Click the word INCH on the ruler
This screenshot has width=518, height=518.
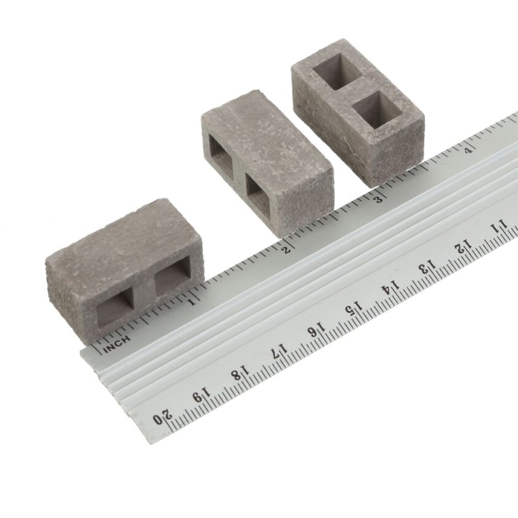pyautogui.click(x=116, y=345)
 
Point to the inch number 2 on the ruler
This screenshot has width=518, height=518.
pyautogui.click(x=288, y=249)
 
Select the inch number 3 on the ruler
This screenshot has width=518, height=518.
pyautogui.click(x=379, y=199)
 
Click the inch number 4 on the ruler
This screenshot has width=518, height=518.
pyautogui.click(x=468, y=150)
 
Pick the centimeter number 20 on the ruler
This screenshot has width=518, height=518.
pyautogui.click(x=163, y=417)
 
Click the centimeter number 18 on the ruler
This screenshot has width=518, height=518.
pyautogui.click(x=240, y=373)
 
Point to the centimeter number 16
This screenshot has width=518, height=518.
pyautogui.click(x=317, y=330)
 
